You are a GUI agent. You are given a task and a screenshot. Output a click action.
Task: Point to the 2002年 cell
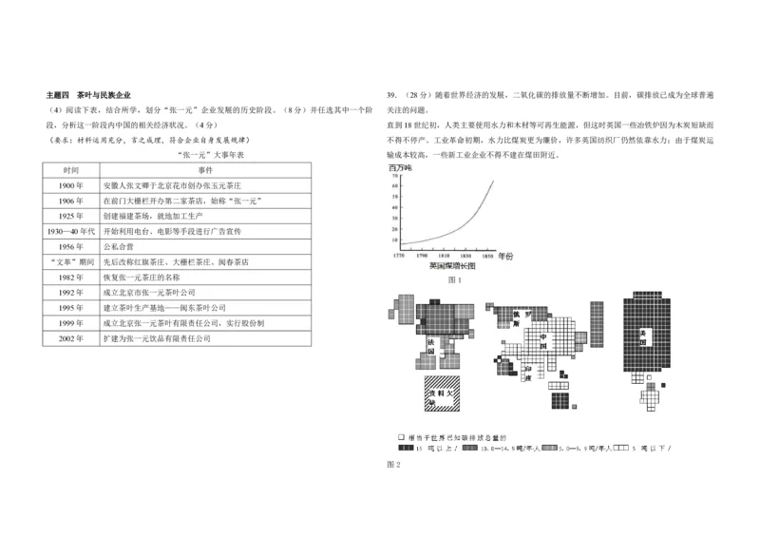[71, 338]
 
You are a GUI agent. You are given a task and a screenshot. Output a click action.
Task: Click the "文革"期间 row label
[71, 261]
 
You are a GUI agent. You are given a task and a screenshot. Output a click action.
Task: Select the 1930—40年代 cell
[71, 230]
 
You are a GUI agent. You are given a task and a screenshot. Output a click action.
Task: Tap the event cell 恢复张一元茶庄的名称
[143, 277]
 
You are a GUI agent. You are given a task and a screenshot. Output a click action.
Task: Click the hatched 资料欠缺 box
[440, 393]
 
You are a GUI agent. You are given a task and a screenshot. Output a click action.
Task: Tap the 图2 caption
[394, 464]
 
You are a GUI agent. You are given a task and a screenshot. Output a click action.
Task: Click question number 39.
[392, 96]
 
